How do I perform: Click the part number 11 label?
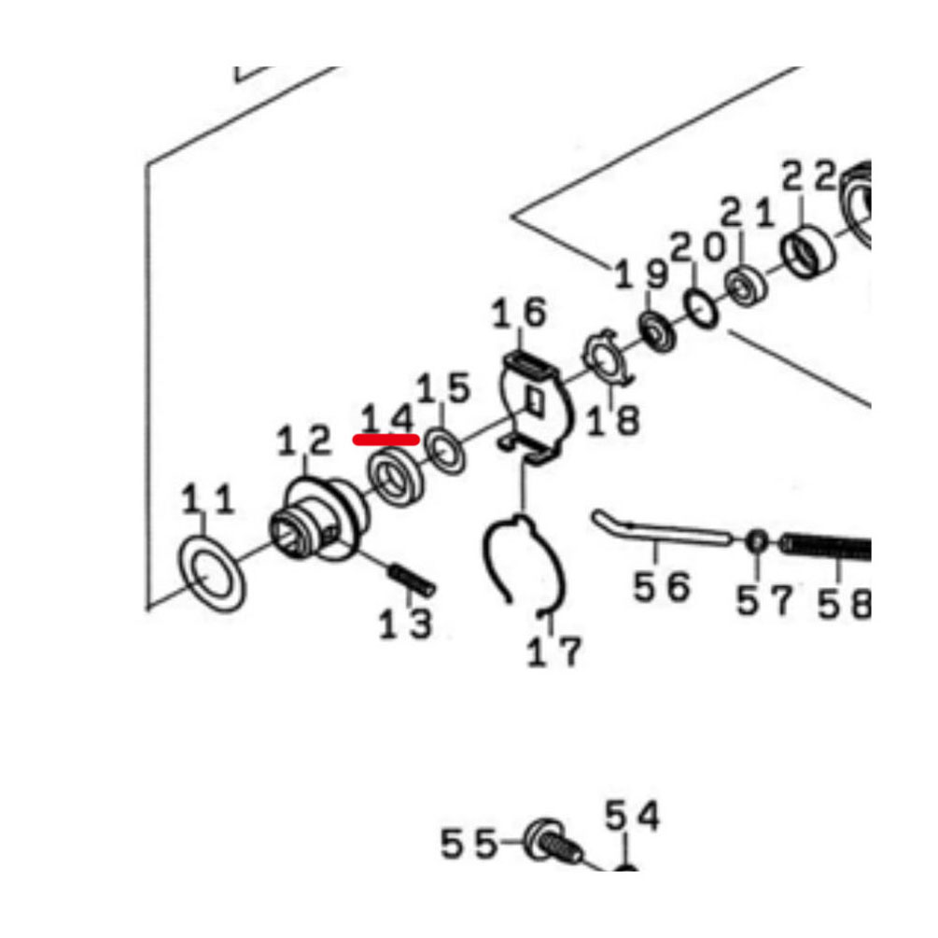pos(207,499)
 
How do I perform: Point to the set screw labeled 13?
pos(413,581)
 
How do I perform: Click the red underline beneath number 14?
pos(385,440)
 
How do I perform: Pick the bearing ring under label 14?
pos(396,477)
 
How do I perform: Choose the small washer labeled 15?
pos(446,451)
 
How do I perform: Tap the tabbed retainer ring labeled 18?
pos(608,359)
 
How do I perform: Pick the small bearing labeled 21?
pos(745,287)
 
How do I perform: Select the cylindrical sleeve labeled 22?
pos(807,252)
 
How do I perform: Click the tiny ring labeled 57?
pos(756,541)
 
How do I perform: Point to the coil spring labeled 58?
pos(826,547)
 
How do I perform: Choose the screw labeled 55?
pos(551,842)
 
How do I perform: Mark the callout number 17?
pos(553,652)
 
